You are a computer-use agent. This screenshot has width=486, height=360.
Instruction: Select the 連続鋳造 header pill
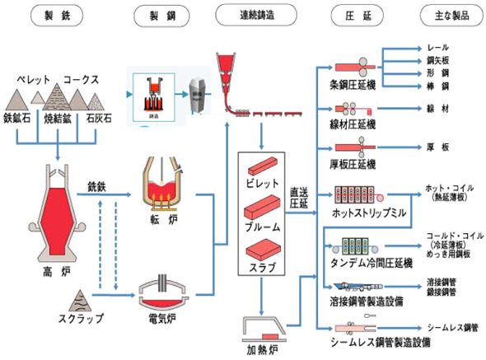[x=255, y=15]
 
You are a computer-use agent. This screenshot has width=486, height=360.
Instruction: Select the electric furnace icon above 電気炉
[x=162, y=291]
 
